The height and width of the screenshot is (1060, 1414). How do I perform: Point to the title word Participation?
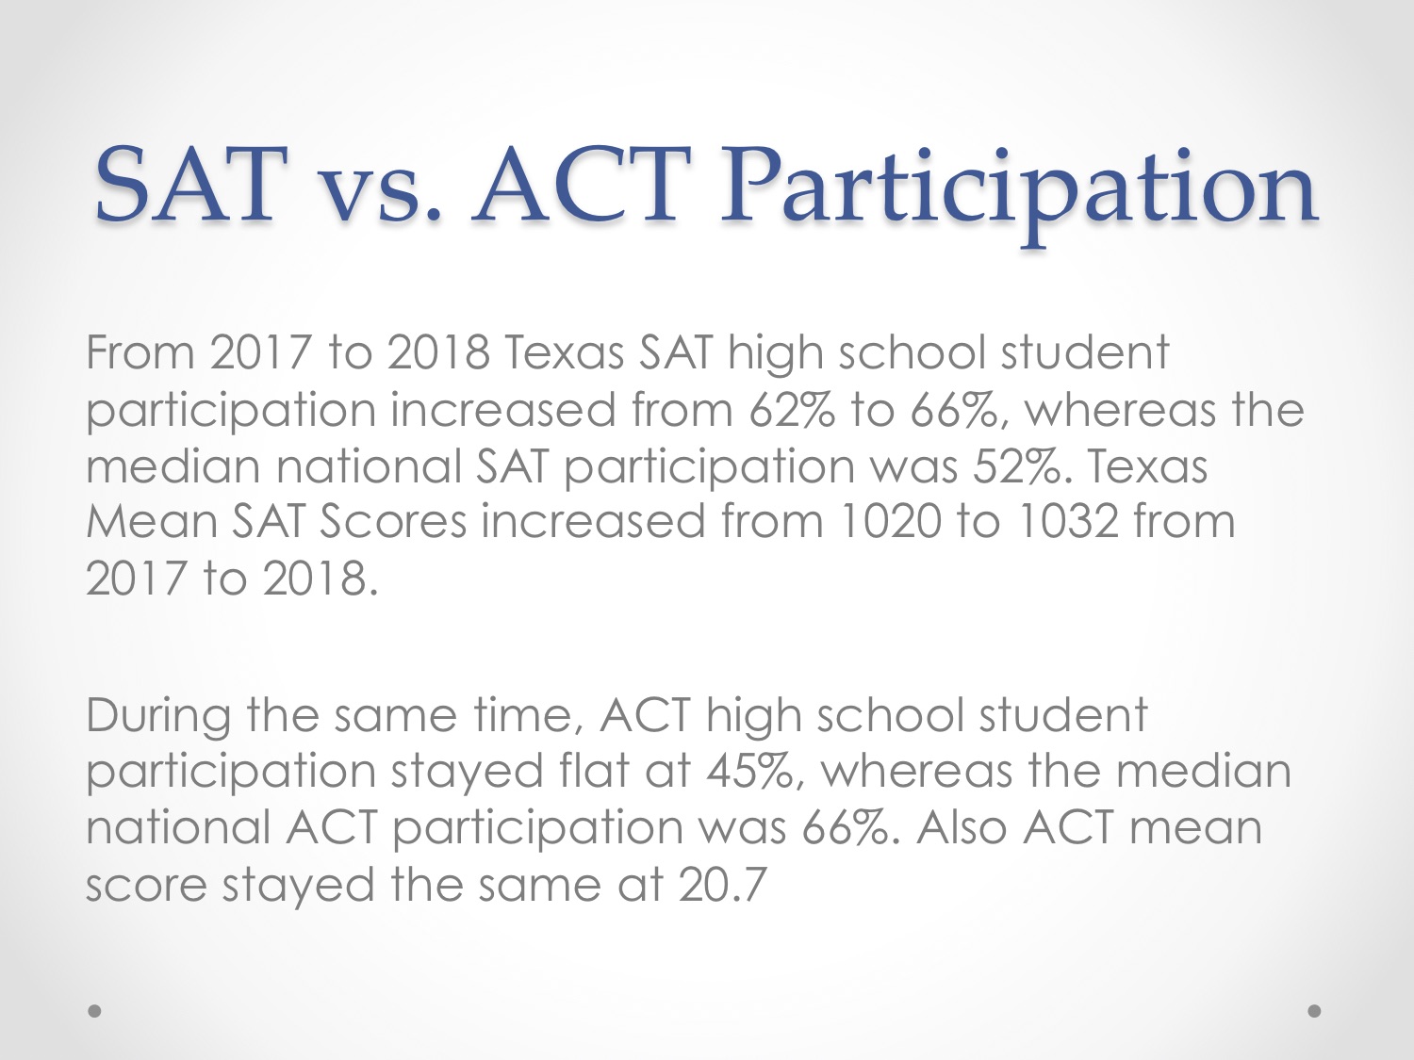(1018, 194)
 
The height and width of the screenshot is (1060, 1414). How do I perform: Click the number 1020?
(891, 521)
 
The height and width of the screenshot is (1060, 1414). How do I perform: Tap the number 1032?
(1067, 521)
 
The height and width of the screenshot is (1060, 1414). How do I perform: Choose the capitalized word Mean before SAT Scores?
(152, 521)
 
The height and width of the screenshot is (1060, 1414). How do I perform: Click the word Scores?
(393, 521)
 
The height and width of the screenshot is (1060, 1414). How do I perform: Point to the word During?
(158, 715)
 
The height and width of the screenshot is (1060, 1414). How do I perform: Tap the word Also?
(961, 827)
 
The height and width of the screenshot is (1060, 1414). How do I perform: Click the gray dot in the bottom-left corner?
(94, 1011)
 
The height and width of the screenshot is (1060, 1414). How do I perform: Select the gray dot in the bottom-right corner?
(1314, 1011)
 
